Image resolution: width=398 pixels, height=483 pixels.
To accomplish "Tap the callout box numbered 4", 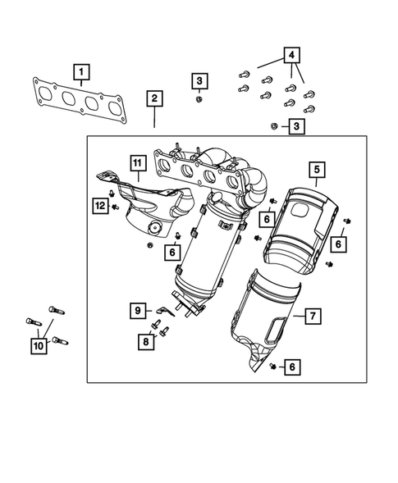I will click(x=290, y=56).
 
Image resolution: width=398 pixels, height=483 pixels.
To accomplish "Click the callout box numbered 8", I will click(x=145, y=339).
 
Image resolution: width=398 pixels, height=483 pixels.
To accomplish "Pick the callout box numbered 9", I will click(x=138, y=310).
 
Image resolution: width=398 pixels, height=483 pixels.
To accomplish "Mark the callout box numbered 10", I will click(x=39, y=347).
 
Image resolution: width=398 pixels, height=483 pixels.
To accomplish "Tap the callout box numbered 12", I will click(x=99, y=206).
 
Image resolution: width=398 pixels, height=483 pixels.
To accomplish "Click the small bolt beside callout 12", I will click(x=115, y=206).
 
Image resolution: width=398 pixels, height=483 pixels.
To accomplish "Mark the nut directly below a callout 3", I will click(x=199, y=99).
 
